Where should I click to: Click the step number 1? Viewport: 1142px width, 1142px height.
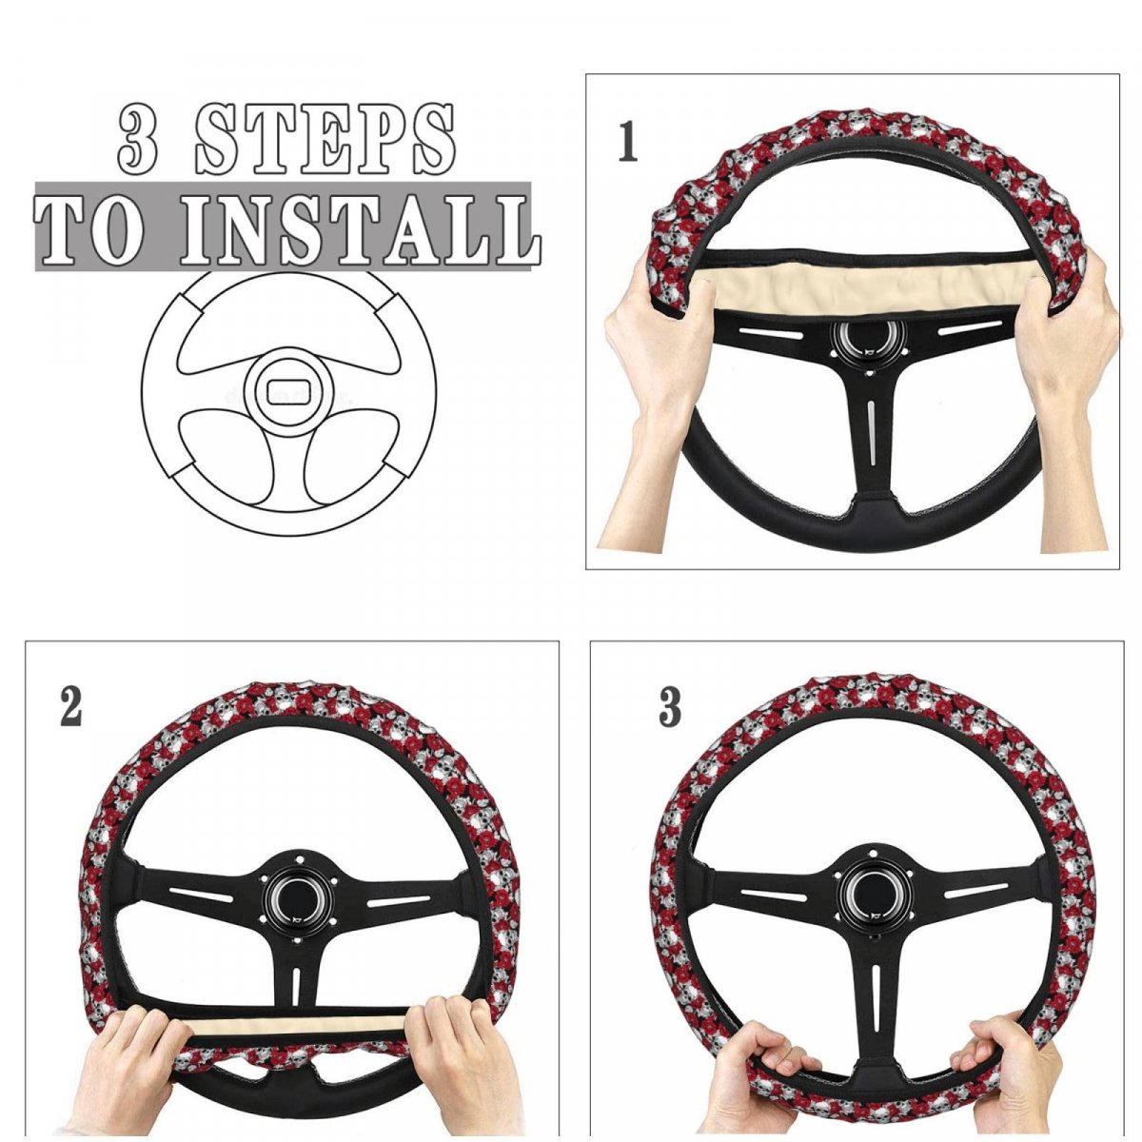click(627, 142)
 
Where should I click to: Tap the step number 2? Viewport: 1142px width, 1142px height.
click(70, 707)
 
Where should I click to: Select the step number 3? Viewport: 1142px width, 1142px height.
click(670, 707)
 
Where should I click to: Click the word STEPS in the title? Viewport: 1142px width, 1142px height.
click(325, 139)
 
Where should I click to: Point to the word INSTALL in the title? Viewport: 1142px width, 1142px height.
click(360, 228)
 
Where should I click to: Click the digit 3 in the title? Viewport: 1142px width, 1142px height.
click(138, 140)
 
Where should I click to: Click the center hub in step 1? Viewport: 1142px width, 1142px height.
click(870, 345)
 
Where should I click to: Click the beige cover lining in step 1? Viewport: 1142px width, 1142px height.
click(871, 288)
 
